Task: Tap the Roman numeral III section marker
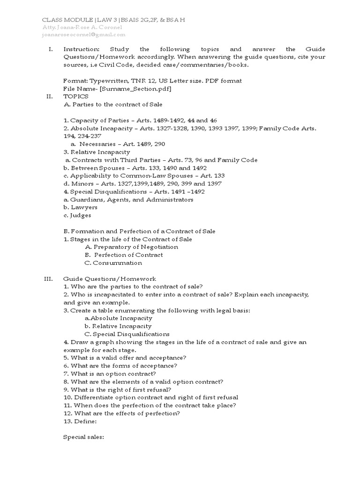[49, 279]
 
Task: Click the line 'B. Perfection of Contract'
[124, 255]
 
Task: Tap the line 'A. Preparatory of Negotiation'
[131, 247]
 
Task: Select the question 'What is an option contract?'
[113, 374]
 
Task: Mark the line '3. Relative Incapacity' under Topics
[97, 152]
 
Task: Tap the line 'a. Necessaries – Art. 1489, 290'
[118, 144]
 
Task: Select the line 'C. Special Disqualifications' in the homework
[127, 334]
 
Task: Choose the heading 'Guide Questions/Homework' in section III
[110, 279]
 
